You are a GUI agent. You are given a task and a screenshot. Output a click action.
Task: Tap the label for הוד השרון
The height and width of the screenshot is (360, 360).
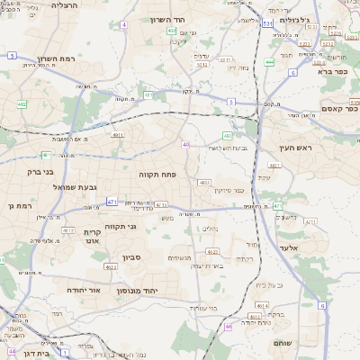pos(191,20)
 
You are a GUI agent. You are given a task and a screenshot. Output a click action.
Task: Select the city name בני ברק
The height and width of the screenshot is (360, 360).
pos(38,170)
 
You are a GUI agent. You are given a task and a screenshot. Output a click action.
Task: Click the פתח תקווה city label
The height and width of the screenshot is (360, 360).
pos(158,173)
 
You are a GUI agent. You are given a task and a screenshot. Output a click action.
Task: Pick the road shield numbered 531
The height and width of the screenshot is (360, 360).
pos(267,24)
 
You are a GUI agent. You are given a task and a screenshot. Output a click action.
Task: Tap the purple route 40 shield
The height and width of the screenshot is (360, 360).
pos(186,144)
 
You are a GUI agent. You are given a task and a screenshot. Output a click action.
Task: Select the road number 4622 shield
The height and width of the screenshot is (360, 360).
pos(111,266)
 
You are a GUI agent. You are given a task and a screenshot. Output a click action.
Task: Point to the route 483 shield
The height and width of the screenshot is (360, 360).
pos(227,135)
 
